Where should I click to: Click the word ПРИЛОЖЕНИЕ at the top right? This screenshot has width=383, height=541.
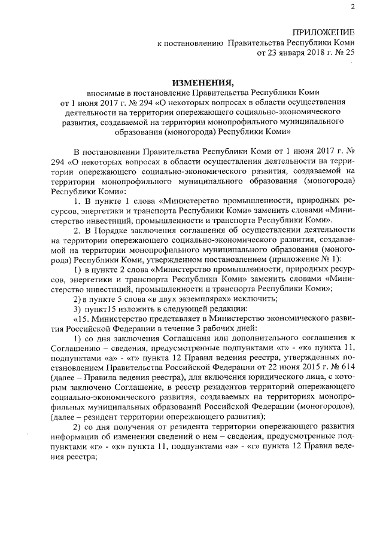323,32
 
